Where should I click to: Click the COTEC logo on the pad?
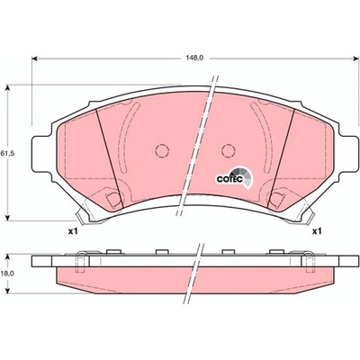click(x=235, y=178)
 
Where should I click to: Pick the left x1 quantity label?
click(x=73, y=231)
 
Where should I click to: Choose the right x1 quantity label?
click(x=317, y=231)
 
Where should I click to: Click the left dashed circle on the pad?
click(x=162, y=150)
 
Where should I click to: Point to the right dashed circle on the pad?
click(x=229, y=150)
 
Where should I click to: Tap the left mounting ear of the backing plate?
click(x=42, y=154)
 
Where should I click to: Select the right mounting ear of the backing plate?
click(x=348, y=154)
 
